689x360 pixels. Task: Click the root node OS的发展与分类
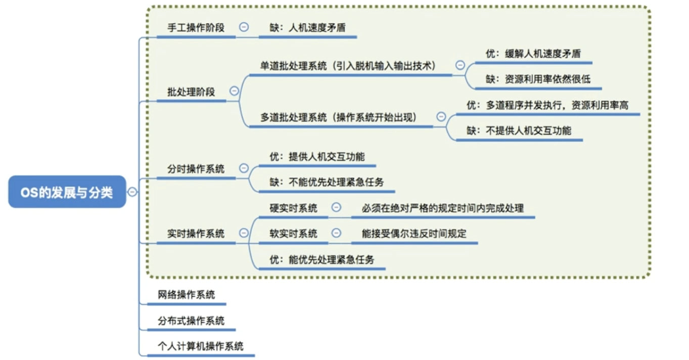(x=67, y=192)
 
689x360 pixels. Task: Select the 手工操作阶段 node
(x=196, y=27)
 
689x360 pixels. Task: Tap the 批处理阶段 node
(x=191, y=92)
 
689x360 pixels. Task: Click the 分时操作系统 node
(x=196, y=169)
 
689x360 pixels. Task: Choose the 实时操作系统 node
(x=196, y=234)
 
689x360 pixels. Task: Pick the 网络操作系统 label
(x=186, y=295)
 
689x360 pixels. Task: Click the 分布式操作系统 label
(x=191, y=321)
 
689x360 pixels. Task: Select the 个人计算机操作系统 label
(x=200, y=346)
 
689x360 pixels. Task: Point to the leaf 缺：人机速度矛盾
(x=307, y=28)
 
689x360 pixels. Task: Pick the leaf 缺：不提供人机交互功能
(x=519, y=130)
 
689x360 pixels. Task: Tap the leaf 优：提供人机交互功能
(x=317, y=156)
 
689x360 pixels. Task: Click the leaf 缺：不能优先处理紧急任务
(x=326, y=182)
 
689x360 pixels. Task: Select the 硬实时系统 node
(x=293, y=208)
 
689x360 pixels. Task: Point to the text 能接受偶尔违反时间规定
(x=414, y=234)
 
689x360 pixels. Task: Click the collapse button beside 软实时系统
(x=336, y=233)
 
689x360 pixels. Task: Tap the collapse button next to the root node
(x=132, y=192)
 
